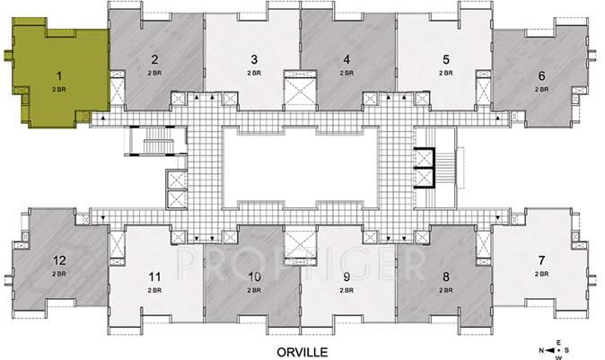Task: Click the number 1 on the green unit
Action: pos(58,77)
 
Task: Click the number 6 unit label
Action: pos(541,77)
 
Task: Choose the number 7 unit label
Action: pos(541,260)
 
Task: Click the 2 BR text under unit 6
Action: pos(541,90)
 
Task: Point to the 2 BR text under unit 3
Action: pos(255,72)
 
